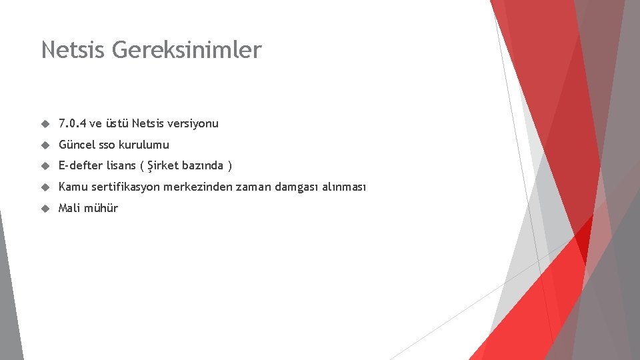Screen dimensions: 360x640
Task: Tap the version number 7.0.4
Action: (72, 123)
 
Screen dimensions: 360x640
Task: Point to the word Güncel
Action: (77, 145)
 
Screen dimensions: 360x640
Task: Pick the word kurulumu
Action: (144, 145)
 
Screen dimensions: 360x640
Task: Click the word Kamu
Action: (72, 187)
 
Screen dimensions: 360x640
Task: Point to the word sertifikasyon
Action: (123, 187)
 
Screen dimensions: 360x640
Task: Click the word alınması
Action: (344, 187)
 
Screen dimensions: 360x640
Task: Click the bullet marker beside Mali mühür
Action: (45, 208)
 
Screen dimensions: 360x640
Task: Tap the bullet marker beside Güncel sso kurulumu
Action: (45, 145)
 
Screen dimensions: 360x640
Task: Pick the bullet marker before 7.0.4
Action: (45, 123)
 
